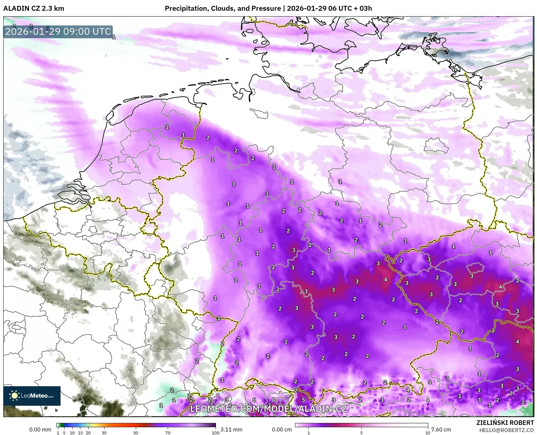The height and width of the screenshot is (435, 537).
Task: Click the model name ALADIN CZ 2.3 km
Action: tap(34, 8)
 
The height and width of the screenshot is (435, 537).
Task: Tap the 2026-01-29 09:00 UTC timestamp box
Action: tap(58, 32)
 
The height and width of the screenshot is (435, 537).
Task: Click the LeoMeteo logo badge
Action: tap(32, 396)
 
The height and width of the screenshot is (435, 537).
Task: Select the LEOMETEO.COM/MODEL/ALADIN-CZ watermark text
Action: tap(268, 409)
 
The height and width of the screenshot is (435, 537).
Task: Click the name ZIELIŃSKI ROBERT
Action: tap(505, 423)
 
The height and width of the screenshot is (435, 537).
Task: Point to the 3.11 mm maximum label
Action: tap(231, 429)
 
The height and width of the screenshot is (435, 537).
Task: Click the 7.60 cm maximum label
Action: tap(441, 429)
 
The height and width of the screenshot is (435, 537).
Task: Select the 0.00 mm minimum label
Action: tap(40, 429)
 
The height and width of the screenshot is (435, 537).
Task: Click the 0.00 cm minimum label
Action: tap(282, 429)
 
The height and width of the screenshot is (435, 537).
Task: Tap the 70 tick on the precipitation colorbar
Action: tap(167, 432)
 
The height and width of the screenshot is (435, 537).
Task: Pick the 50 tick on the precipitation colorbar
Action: tap(136, 432)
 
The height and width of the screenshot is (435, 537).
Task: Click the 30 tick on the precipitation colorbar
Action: tap(104, 432)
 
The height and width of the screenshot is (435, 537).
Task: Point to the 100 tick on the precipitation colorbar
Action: tap(215, 432)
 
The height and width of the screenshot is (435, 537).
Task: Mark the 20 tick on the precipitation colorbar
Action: tap(88, 432)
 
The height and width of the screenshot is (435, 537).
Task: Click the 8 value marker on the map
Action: tap(273, 400)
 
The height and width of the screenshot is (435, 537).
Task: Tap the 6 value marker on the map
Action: tap(254, 400)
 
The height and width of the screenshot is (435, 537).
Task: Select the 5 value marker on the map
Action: tap(303, 400)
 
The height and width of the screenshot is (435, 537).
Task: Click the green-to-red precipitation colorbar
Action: tap(136, 425)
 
